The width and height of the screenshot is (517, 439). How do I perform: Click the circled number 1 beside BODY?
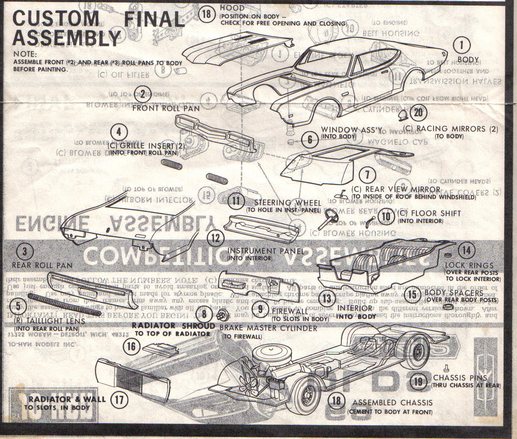(462, 45)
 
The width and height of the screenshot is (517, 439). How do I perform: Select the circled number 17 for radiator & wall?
(119, 399)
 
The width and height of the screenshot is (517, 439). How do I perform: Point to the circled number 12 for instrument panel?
(215, 238)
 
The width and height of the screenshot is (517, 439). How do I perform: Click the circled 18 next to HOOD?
(206, 13)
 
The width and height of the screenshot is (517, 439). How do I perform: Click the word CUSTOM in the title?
(55, 18)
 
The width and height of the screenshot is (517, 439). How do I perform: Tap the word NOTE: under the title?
(25, 54)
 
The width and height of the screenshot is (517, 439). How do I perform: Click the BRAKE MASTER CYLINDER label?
(268, 328)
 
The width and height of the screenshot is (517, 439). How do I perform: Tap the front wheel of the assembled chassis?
(310, 395)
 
